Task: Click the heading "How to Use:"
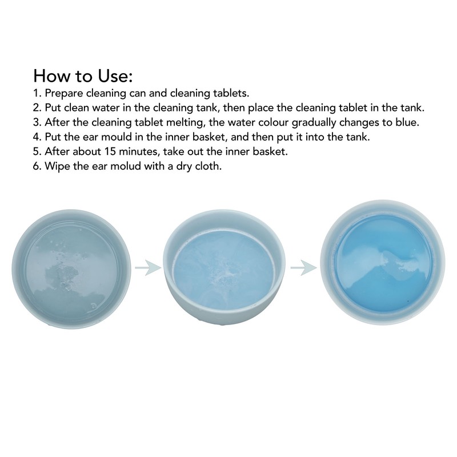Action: point(83,76)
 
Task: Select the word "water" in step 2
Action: point(106,108)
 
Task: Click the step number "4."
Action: point(37,137)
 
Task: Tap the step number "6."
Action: point(37,166)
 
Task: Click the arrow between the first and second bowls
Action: point(148,267)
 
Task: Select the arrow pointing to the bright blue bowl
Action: point(304,267)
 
